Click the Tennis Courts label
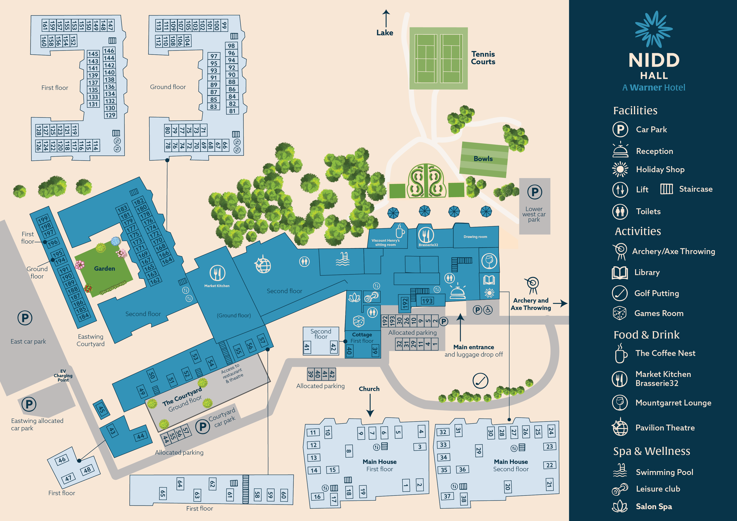483,58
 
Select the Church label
369,389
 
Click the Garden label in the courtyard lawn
104,269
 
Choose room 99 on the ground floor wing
224,25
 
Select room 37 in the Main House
447,496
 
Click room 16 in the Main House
317,497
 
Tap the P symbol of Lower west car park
534,192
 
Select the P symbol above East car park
25,318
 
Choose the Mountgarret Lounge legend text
673,403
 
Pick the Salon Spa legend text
654,507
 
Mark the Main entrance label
474,347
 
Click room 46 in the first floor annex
62,459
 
